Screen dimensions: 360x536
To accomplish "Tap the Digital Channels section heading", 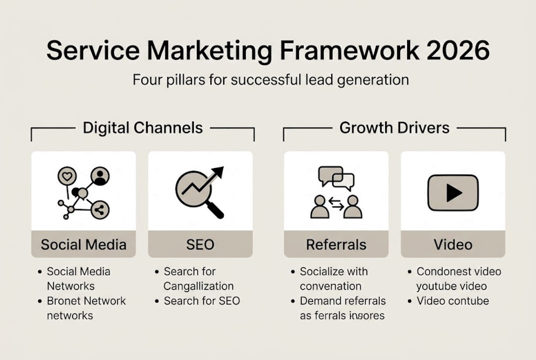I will pyautogui.click(x=143, y=127).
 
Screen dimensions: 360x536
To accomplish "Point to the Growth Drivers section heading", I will pyautogui.click(x=394, y=127).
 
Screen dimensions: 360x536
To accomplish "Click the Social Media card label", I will pyautogui.click(x=83, y=244).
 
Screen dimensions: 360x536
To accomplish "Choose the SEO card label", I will pyautogui.click(x=200, y=244).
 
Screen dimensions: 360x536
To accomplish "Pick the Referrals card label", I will pyautogui.click(x=336, y=244).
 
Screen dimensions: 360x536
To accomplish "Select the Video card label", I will pyautogui.click(x=453, y=244).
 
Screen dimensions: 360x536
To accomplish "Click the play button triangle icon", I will pyautogui.click(x=454, y=192).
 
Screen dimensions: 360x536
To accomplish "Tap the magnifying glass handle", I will pyautogui.click(x=215, y=209).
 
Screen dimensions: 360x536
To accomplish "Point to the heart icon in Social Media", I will pyautogui.click(x=67, y=175).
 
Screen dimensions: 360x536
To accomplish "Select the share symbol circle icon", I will pyautogui.click(x=100, y=210).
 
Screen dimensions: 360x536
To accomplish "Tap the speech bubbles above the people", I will pyautogui.click(x=336, y=178).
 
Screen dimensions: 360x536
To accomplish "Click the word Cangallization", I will pyautogui.click(x=198, y=286).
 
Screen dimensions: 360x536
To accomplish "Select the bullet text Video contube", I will pyautogui.click(x=453, y=301).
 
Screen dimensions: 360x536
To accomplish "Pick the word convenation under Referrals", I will pyautogui.click(x=330, y=286).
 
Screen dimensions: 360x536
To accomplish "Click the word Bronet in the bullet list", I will pyautogui.click(x=64, y=301).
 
